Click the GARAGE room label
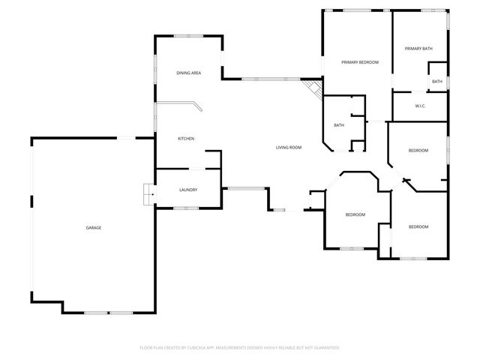tap(93, 227)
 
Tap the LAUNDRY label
tap(188, 190)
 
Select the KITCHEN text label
tap(186, 139)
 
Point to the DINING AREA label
tap(188, 73)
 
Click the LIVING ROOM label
tap(289, 147)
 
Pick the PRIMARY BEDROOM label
tap(360, 62)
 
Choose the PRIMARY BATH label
tap(418, 49)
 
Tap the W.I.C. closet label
tap(421, 106)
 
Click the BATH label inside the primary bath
tap(437, 81)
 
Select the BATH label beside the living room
tap(339, 125)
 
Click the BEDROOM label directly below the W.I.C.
tap(418, 151)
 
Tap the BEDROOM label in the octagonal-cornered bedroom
tap(355, 214)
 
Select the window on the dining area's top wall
tap(184, 35)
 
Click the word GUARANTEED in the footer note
tap(325, 348)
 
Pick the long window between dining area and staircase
tap(271, 79)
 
